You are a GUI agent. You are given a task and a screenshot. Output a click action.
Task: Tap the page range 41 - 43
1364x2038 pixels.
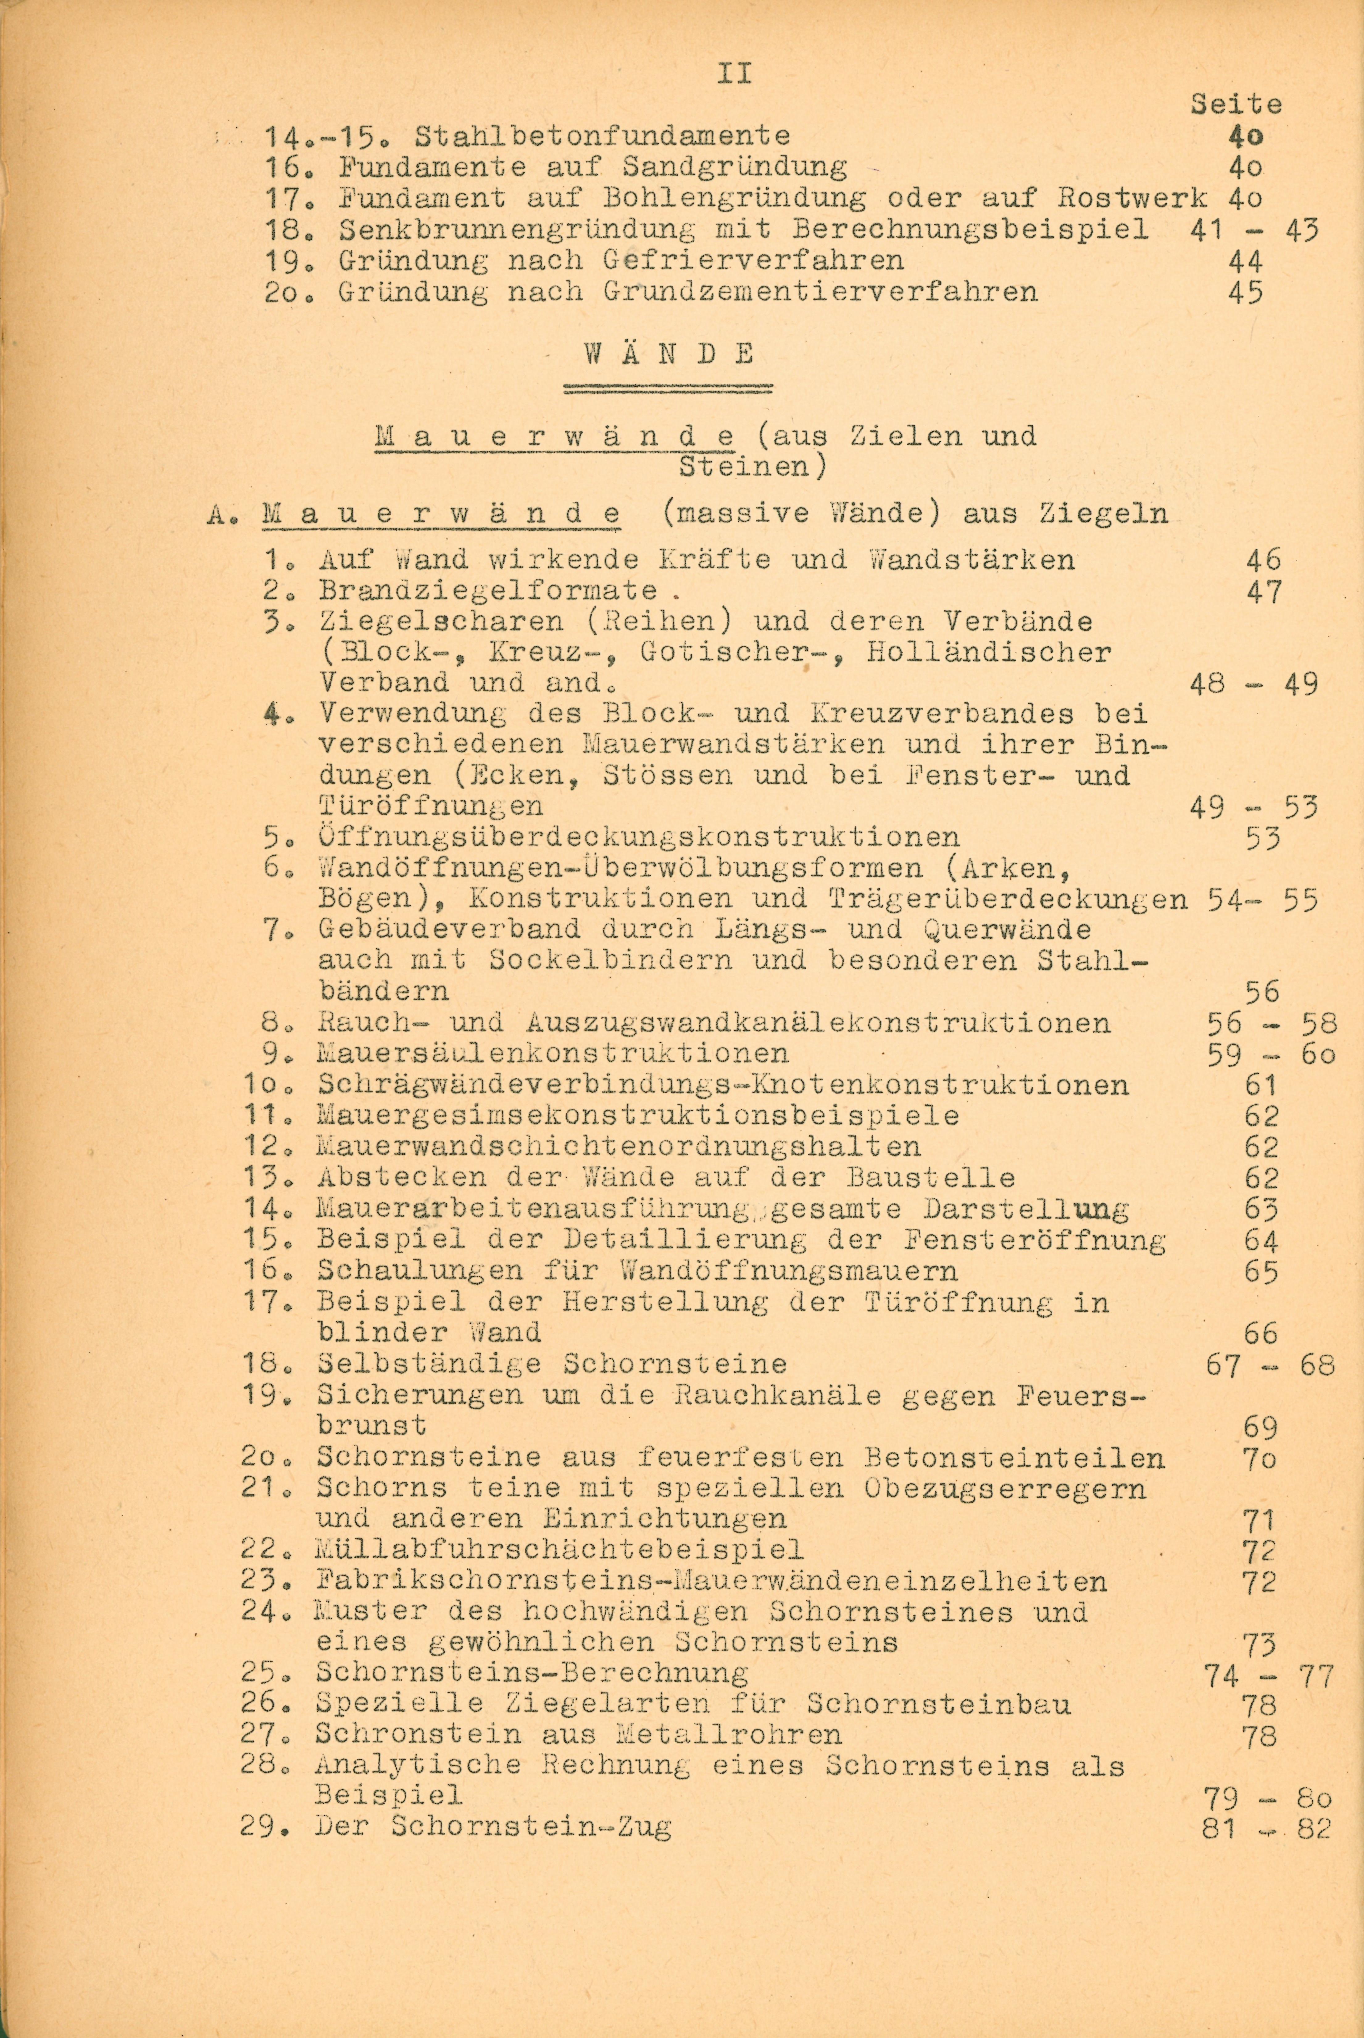tap(1253, 230)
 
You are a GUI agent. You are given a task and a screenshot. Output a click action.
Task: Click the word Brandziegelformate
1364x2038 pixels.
tap(487, 591)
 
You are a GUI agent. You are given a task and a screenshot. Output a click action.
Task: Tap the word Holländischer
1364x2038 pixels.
tap(989, 652)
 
